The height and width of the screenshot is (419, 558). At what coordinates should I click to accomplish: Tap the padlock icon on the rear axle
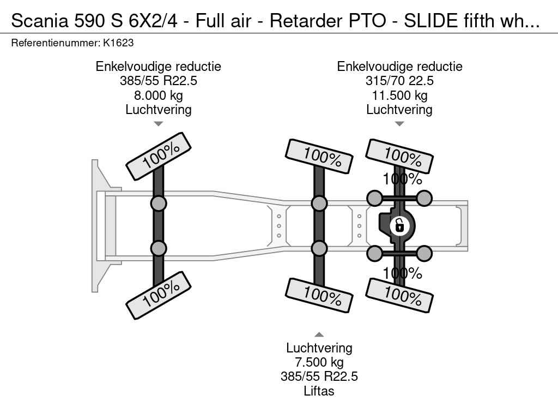pos(399,224)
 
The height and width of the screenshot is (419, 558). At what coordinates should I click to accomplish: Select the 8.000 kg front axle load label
pos(158,95)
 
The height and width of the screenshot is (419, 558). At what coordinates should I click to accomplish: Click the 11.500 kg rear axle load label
pos(399,95)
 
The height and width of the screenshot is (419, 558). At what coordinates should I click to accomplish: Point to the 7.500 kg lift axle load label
pos(319,362)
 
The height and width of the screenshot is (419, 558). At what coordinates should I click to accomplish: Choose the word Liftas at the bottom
pos(319,391)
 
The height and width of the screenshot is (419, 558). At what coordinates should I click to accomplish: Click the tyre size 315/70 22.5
pos(399,81)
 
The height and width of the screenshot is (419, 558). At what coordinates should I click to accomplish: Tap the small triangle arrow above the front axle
pos(158,124)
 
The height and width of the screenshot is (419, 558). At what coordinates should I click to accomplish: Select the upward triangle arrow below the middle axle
pos(319,335)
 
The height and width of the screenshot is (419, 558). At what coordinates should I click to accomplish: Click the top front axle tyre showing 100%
pos(159,156)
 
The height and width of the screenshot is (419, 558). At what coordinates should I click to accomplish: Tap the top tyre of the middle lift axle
pos(319,156)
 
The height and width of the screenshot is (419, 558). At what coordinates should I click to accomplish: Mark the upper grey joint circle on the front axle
pos(158,203)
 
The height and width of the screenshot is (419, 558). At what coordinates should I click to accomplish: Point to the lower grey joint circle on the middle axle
pos(319,248)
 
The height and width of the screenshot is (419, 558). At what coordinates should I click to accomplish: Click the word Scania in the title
pos(36,20)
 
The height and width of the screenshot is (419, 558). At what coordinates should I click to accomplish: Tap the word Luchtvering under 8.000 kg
pos(158,110)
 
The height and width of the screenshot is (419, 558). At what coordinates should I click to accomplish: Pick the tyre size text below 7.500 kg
pos(319,376)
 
